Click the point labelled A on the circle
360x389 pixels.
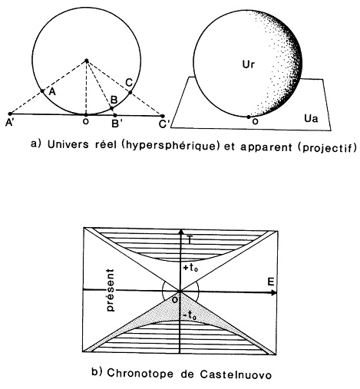[43, 91]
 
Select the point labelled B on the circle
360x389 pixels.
[111, 109]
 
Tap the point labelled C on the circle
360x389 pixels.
[130, 92]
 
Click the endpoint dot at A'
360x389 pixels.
[10, 114]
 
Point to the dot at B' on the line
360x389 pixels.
[115, 115]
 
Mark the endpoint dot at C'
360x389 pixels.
[162, 116]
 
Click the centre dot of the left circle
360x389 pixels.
[87, 61]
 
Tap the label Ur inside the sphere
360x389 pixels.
[249, 64]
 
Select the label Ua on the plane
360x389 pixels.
[311, 118]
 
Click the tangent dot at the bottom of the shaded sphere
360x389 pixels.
[249, 117]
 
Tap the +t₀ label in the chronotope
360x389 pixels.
[190, 268]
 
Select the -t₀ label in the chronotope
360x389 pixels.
[190, 316]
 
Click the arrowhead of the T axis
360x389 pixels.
[181, 232]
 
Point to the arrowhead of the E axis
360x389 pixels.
[274, 292]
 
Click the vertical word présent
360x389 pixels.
[111, 290]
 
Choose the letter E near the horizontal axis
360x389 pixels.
[271, 282]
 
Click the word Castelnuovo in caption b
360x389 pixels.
[236, 374]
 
